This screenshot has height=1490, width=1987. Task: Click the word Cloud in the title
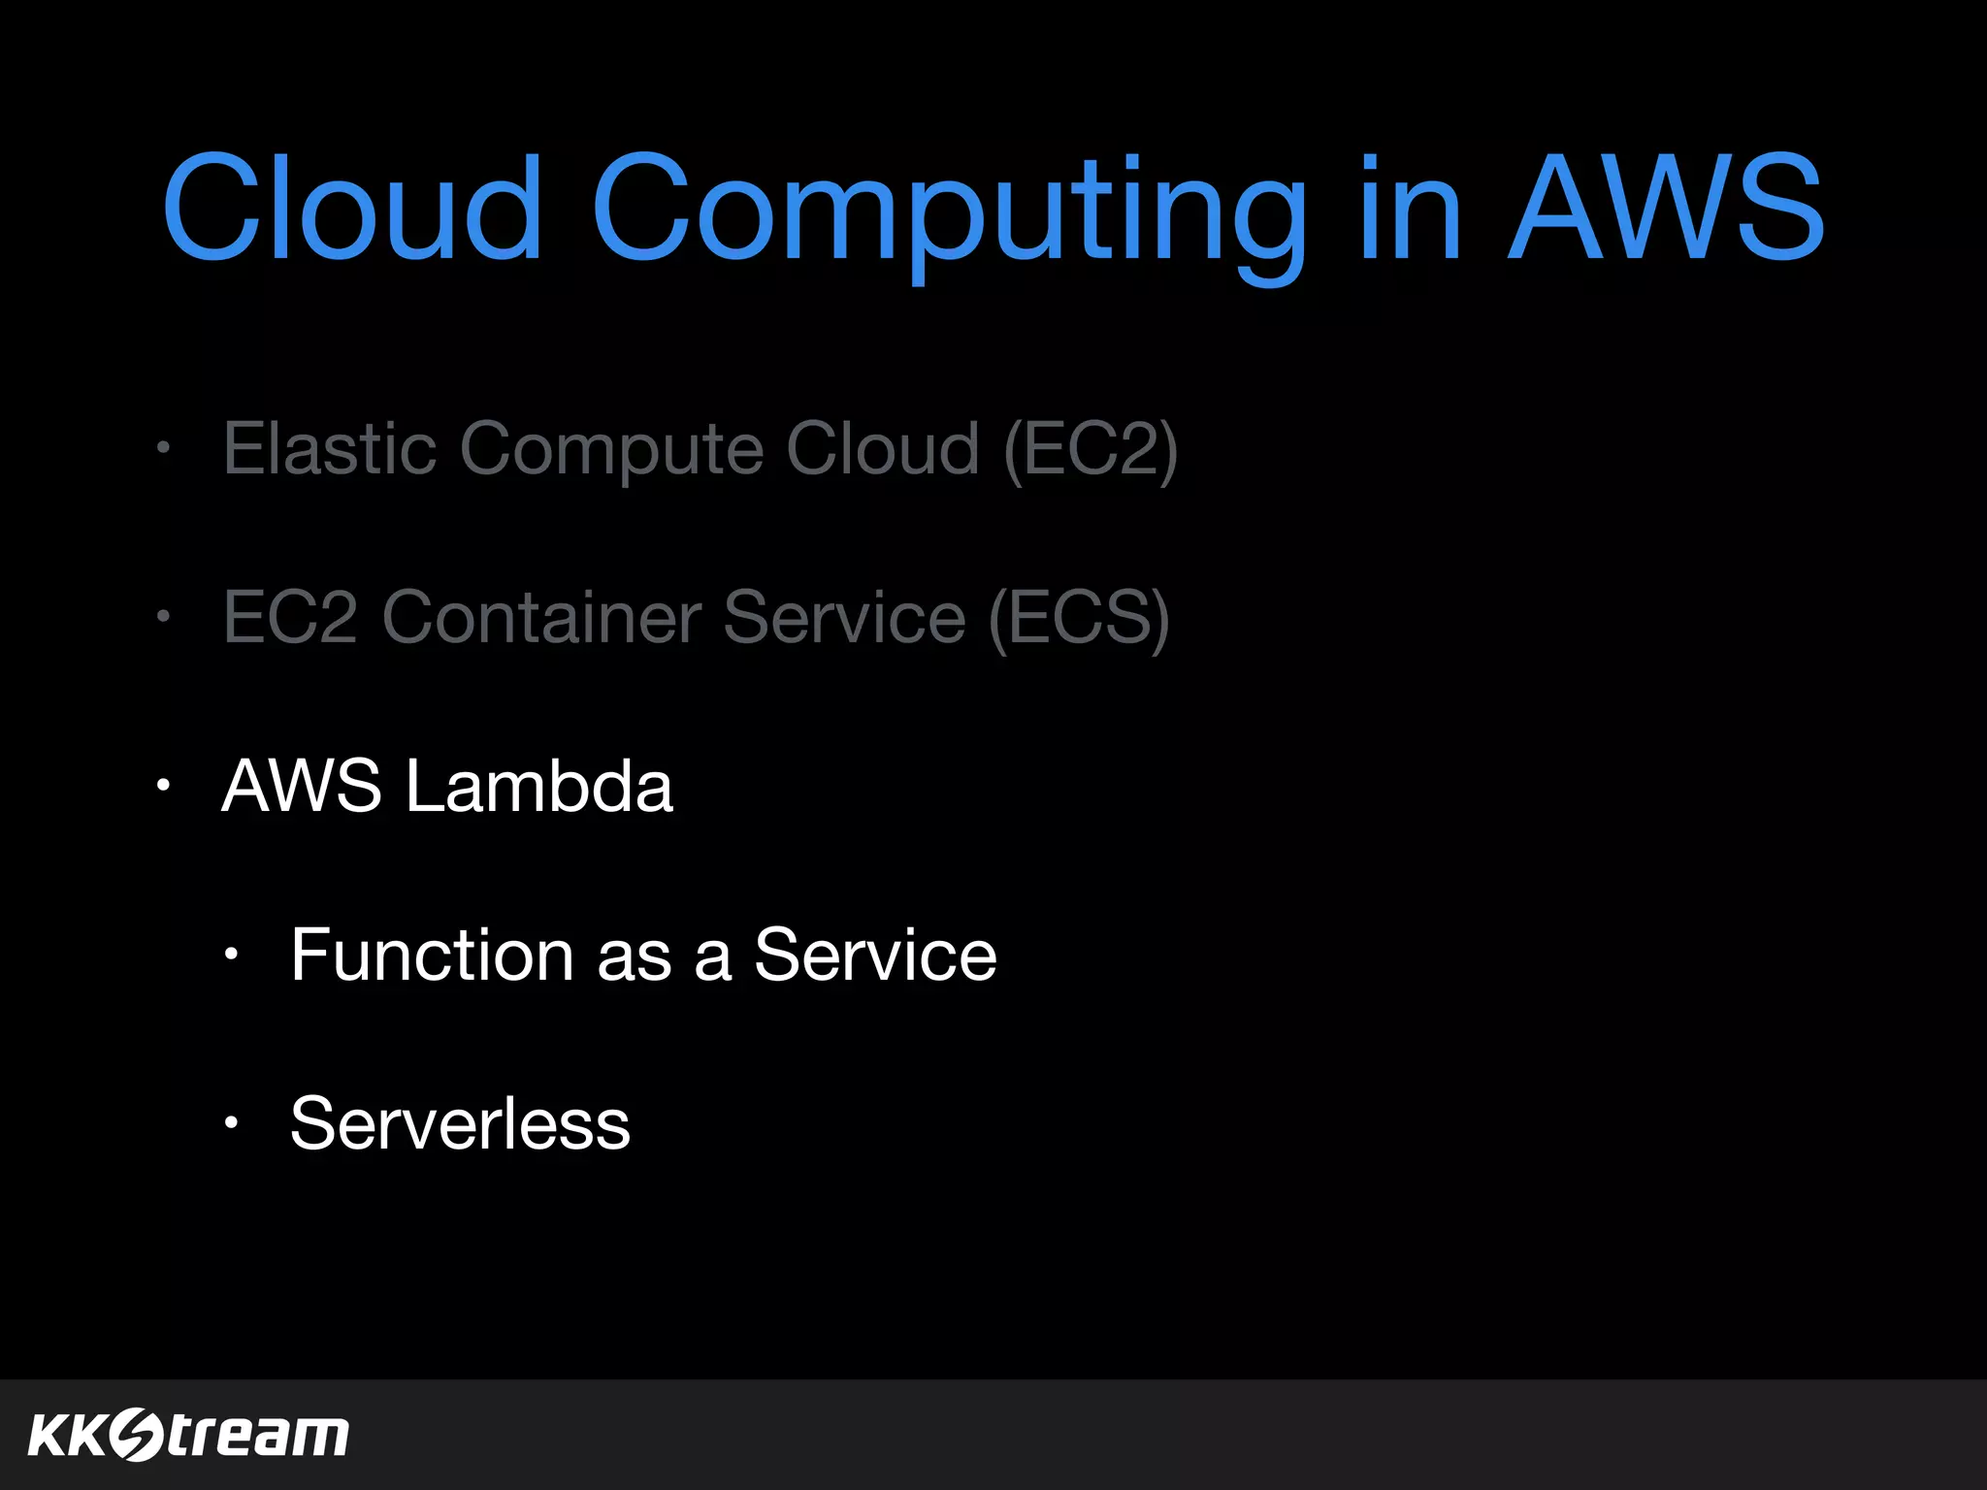[x=351, y=209]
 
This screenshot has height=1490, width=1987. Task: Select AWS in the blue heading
[x=1666, y=209]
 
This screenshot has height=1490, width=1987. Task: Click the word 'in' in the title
[x=1411, y=209]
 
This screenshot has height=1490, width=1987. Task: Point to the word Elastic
[x=330, y=448]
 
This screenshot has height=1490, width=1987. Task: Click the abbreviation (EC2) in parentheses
[x=1091, y=450]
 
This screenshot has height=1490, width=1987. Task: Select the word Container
[x=541, y=617]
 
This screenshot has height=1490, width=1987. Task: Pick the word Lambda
[x=538, y=785]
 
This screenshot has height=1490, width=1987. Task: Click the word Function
[x=433, y=955]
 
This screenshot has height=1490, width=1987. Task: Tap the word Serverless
[x=460, y=1123]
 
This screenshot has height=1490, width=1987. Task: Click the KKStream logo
[x=188, y=1435]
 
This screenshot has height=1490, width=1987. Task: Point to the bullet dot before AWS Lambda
[x=164, y=785]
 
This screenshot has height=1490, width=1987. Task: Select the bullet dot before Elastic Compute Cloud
[x=164, y=448]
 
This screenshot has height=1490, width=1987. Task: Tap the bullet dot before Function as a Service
[x=231, y=955]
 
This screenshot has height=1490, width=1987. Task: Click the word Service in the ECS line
[x=844, y=617]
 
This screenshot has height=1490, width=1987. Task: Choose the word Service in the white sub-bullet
[x=875, y=955]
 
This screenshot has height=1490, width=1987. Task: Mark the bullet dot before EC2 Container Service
[x=164, y=616]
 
